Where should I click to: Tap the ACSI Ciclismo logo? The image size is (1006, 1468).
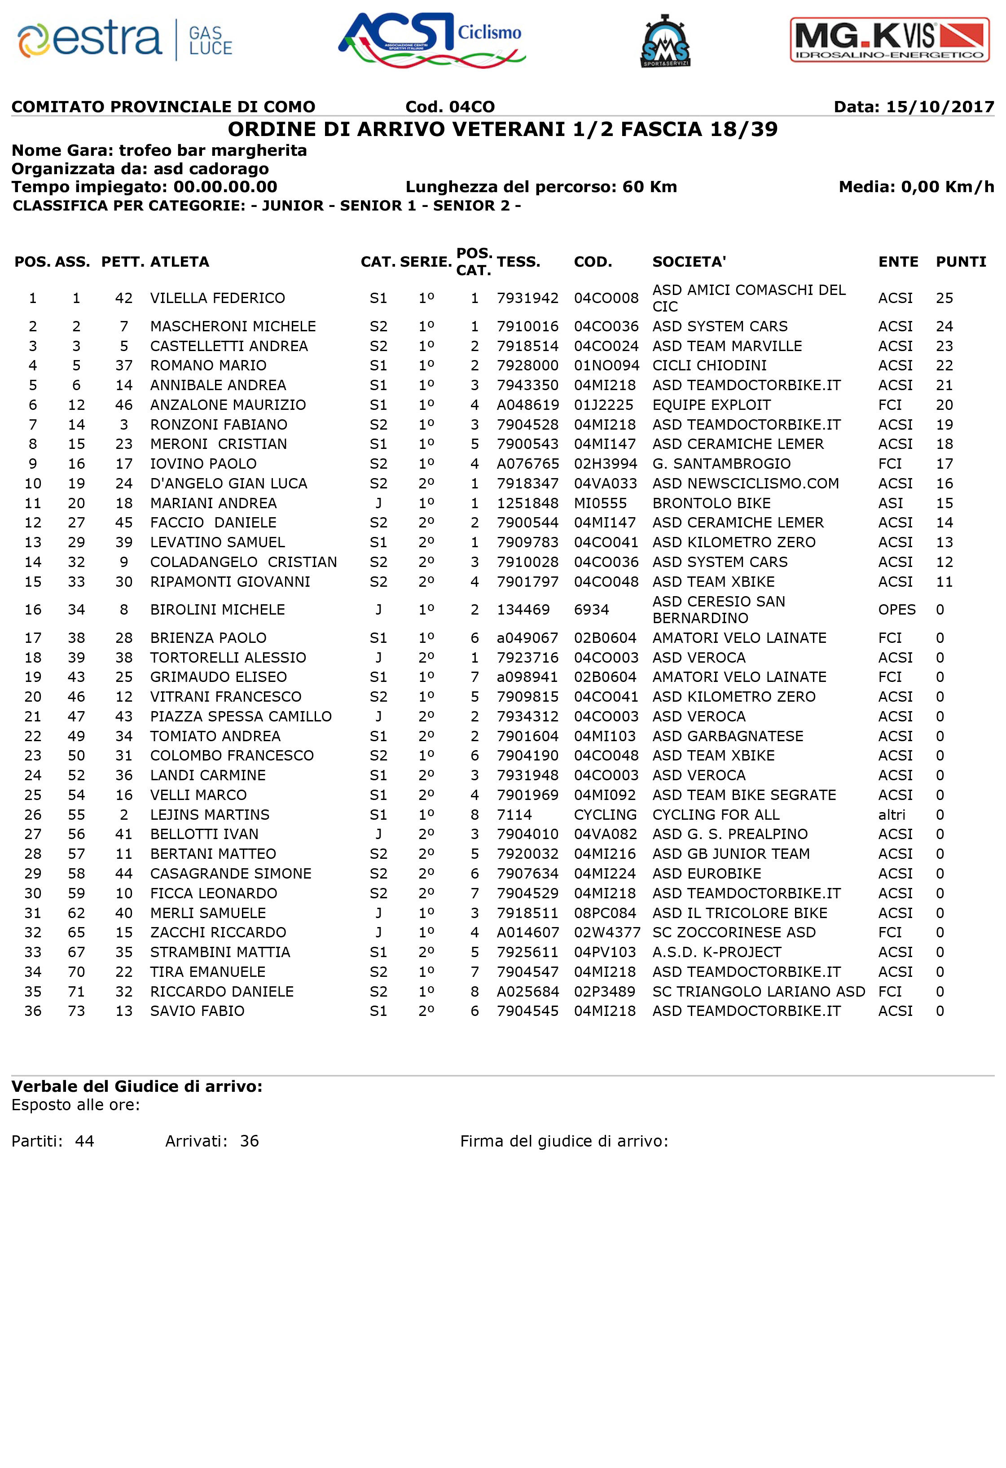(x=432, y=39)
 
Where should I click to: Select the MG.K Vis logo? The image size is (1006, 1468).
(x=890, y=40)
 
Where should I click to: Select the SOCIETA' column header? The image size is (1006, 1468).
(x=689, y=262)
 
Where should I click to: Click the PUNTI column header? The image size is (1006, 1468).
(x=961, y=262)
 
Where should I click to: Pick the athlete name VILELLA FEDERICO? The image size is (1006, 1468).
(x=217, y=298)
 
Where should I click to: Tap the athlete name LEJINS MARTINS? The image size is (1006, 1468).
(x=210, y=815)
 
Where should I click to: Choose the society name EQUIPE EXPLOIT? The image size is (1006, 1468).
(x=711, y=405)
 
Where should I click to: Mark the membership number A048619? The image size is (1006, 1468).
(x=527, y=405)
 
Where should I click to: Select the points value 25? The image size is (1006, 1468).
(x=944, y=298)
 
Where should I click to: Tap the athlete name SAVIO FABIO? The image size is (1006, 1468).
(x=197, y=1011)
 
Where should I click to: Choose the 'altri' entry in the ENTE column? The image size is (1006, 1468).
(x=892, y=815)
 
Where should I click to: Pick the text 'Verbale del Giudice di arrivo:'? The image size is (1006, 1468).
(x=137, y=1086)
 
